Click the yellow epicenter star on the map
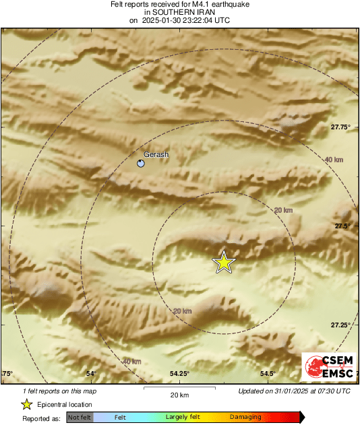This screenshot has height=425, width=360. pyautogui.click(x=223, y=263)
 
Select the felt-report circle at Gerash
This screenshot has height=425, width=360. pyautogui.click(x=141, y=163)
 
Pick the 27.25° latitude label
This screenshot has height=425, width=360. pyautogui.click(x=340, y=325)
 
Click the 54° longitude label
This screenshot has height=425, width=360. pyautogui.click(x=92, y=374)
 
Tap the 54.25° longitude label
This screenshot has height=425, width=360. pyautogui.click(x=179, y=374)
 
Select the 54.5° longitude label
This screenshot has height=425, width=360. pyautogui.click(x=268, y=374)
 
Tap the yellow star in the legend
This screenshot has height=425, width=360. pyautogui.click(x=26, y=404)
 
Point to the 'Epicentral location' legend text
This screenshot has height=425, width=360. pyautogui.click(x=65, y=404)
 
